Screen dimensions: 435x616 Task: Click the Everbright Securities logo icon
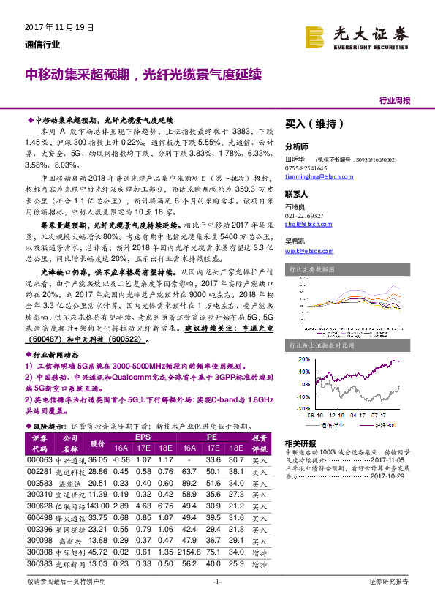pos(315,36)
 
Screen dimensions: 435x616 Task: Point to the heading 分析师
pos(297,146)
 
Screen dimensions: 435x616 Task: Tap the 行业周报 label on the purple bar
pos(394,100)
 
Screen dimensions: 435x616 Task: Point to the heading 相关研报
pos(300,443)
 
